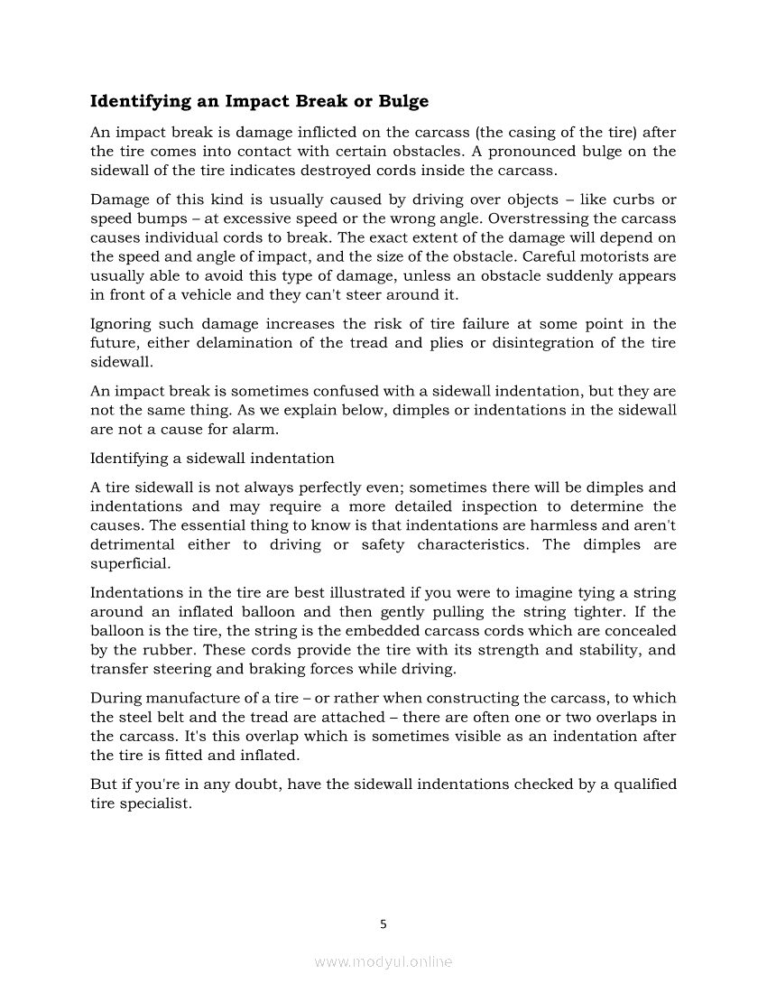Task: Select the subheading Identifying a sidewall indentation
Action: (212, 458)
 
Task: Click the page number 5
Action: (383, 923)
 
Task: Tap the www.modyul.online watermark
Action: (383, 962)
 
